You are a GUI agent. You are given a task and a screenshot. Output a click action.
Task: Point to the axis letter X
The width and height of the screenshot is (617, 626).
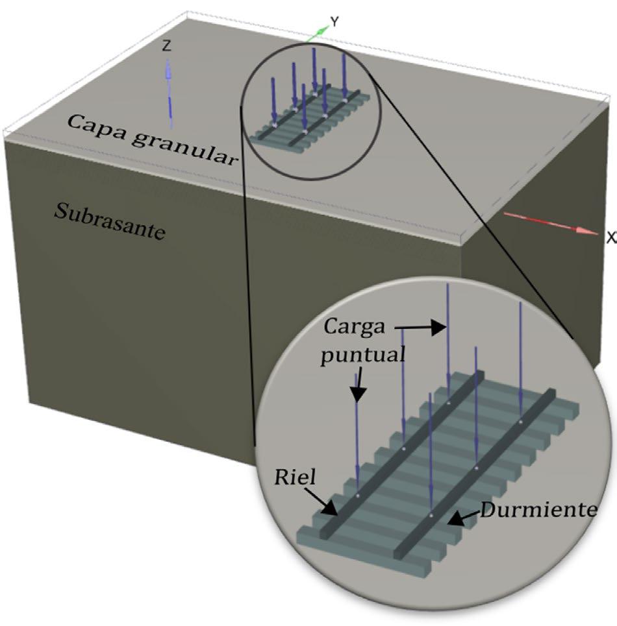pos(611,239)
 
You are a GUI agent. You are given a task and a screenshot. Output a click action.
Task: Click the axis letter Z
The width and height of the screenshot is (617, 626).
pos(167,46)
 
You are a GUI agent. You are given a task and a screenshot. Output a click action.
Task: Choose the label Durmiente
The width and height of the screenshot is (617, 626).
pos(538,510)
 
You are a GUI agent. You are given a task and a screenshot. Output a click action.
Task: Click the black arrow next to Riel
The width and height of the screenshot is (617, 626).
pos(325,503)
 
